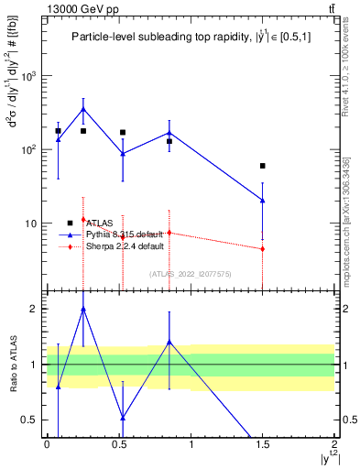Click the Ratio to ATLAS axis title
(13, 365)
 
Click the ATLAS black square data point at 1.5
(263, 166)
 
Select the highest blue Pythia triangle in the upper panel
(83, 109)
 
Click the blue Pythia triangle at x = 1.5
(263, 200)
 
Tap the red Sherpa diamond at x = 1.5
(263, 249)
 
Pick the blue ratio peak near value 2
(83, 310)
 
